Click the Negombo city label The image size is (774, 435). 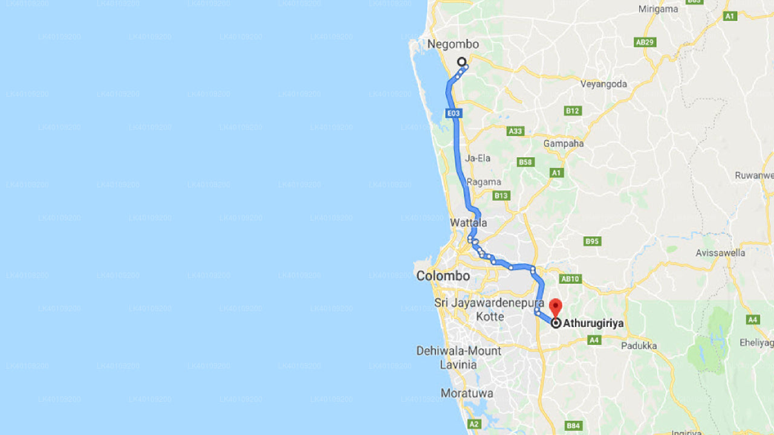[x=453, y=44]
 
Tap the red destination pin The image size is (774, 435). [x=556, y=305]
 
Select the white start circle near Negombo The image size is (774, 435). [x=461, y=62]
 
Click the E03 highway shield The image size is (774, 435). [x=454, y=113]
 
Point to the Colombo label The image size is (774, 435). [x=443, y=275]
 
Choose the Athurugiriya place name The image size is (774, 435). [x=593, y=323]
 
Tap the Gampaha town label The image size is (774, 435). [x=564, y=143]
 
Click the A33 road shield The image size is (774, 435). [x=515, y=130]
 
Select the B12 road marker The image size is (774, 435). [x=572, y=111]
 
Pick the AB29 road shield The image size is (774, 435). [x=645, y=42]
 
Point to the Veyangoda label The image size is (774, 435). [x=603, y=84]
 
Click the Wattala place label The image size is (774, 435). [x=469, y=223]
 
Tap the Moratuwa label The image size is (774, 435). [x=467, y=393]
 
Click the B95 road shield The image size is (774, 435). [x=592, y=241]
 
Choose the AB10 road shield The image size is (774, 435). [x=571, y=279]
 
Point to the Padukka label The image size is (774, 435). [x=639, y=346]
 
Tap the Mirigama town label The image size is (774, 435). [x=658, y=9]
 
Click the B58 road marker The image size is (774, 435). [x=525, y=162]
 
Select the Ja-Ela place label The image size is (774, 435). [x=478, y=158]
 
